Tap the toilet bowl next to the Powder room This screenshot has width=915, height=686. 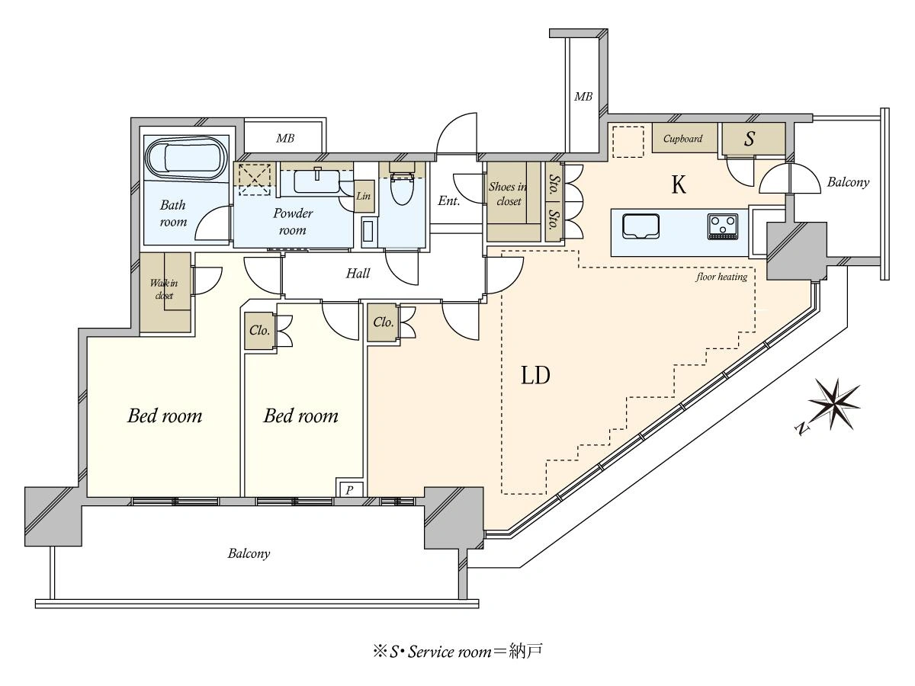[402, 188]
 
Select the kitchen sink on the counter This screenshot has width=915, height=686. [640, 226]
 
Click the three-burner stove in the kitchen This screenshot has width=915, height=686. [722, 226]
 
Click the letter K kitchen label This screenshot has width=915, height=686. [679, 184]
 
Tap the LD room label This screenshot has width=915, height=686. [536, 375]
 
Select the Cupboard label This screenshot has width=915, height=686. [682, 139]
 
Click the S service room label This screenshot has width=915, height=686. [750, 139]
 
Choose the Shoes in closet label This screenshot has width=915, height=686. [508, 194]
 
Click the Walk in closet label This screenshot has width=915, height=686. [164, 289]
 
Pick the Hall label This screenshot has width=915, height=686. [358, 273]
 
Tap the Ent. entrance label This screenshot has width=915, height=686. [449, 201]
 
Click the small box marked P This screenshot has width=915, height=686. [349, 490]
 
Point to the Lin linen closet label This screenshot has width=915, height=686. [363, 196]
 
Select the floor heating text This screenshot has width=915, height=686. [721, 277]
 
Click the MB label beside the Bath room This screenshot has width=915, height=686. [285, 138]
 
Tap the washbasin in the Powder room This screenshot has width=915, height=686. [316, 181]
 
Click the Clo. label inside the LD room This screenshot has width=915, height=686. [383, 322]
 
